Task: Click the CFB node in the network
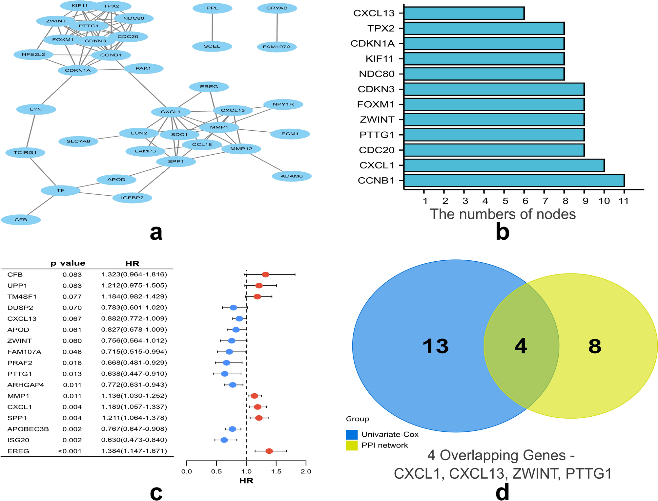coord(21,220)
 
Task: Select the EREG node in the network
coord(209,87)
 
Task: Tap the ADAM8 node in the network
coord(292,176)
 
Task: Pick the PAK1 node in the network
coord(143,68)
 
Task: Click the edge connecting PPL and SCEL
coord(212,27)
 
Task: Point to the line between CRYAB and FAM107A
coord(277,27)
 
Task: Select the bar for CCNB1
coord(514,180)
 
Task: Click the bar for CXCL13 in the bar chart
coord(464,13)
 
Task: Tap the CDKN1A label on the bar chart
coord(372,44)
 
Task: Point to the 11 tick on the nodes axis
coord(624,201)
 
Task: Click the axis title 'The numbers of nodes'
coord(503,214)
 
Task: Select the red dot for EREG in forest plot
coord(269,451)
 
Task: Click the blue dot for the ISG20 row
coord(224,440)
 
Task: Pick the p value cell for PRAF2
coord(72,363)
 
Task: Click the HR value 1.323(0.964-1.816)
coord(134,274)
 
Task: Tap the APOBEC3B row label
coord(28,429)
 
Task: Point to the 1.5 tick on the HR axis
coord(276,471)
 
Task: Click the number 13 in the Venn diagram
coord(435,346)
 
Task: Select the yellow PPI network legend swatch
coord(352,445)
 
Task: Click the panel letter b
coord(502,232)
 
